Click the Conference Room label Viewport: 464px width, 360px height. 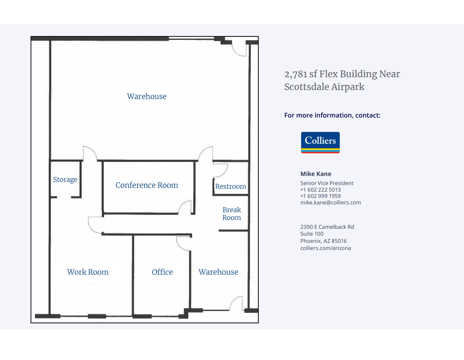click(147, 185)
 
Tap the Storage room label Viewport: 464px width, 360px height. click(65, 180)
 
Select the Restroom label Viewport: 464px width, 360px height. click(230, 186)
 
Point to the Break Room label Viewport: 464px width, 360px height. click(231, 213)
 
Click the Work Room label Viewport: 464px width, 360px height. click(88, 272)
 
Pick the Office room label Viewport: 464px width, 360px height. click(162, 272)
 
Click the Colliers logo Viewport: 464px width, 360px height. click(320, 142)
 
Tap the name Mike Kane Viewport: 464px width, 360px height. click(316, 174)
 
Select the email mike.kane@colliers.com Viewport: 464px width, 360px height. click(331, 202)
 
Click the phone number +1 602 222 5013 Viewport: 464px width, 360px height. click(320, 189)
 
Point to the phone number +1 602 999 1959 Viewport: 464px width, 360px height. click(320, 196)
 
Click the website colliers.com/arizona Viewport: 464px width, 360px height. click(326, 248)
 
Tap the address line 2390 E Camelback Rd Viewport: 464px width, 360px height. click(327, 227)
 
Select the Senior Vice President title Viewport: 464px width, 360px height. click(327, 183)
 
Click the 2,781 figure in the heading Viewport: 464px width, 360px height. click(296, 74)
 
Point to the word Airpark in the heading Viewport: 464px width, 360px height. click(348, 87)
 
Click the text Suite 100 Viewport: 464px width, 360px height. click(312, 234)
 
